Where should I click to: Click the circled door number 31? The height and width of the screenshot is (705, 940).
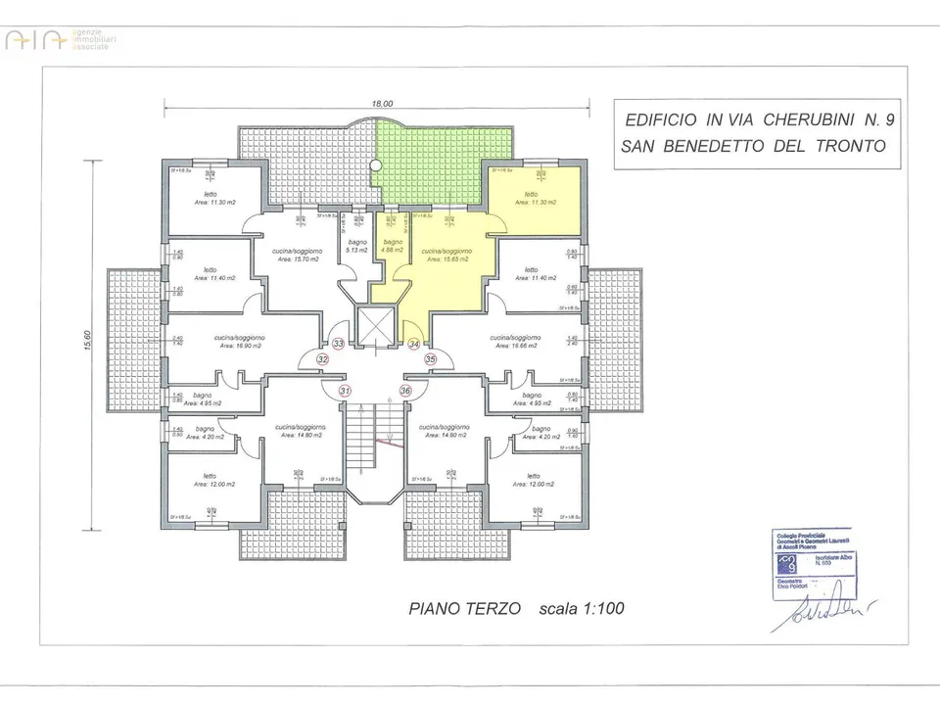[344, 390]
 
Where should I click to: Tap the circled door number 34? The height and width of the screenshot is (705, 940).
[414, 344]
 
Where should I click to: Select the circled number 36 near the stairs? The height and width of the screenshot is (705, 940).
[405, 390]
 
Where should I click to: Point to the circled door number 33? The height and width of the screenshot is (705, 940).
[338, 344]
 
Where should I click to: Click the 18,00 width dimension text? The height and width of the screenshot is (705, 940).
[382, 103]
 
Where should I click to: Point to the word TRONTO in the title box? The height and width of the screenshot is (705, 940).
[849, 147]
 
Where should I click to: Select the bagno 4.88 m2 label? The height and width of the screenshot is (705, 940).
[393, 246]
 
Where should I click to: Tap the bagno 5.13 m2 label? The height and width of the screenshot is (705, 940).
[353, 245]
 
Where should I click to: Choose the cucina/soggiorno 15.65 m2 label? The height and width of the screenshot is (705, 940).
[446, 256]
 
